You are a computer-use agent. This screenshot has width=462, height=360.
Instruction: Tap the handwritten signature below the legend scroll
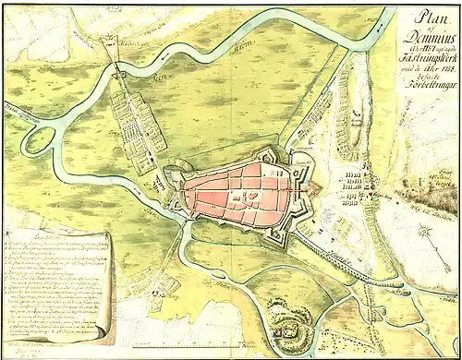pos(55,350)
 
